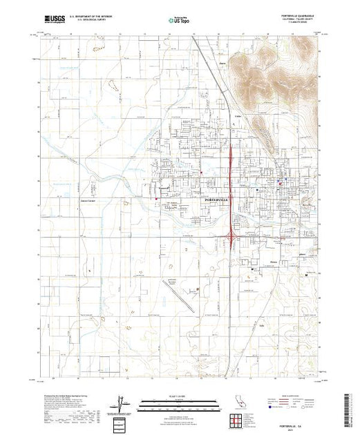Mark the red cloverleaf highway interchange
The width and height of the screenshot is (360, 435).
230,238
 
